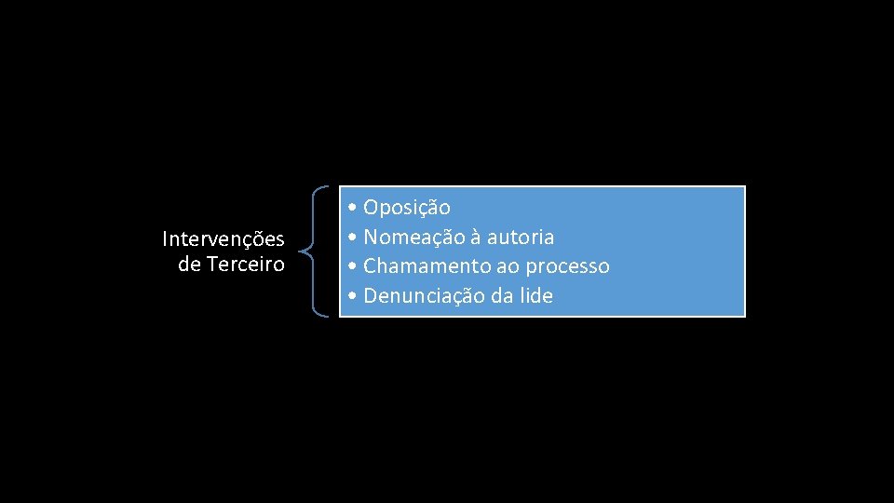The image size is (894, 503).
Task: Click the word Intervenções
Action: (223, 239)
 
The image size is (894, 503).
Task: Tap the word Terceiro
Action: (246, 265)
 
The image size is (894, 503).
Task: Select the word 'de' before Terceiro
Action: (189, 265)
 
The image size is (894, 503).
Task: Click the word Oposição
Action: (407, 207)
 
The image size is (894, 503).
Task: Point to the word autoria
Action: (520, 237)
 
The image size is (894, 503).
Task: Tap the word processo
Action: (567, 266)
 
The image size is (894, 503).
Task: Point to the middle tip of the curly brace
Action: (302, 251)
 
